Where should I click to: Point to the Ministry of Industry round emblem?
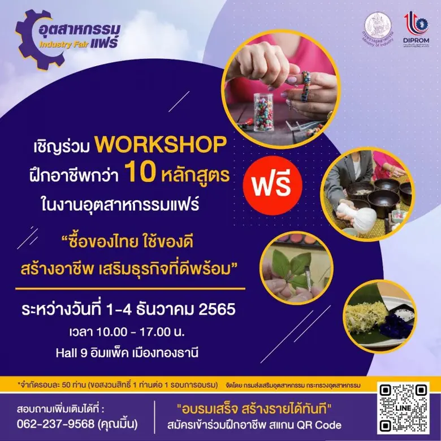(x=378, y=28)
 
